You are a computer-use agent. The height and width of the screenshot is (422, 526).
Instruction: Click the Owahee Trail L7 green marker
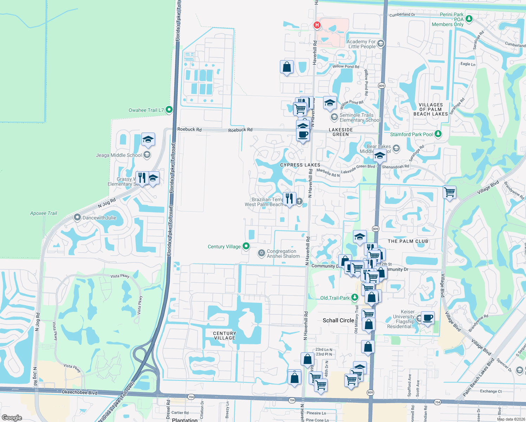(169, 110)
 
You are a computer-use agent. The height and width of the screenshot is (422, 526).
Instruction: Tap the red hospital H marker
(317, 25)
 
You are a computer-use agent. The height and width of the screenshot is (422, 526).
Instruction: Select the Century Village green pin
(246, 246)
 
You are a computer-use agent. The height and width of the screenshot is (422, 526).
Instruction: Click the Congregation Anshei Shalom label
(283, 254)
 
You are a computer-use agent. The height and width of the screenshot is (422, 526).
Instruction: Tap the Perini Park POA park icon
(468, 18)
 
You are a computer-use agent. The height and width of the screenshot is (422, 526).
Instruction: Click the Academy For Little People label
(362, 44)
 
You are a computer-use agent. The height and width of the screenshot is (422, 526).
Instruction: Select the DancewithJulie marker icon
(77, 217)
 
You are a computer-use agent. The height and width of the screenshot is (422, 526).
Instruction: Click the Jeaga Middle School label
(119, 155)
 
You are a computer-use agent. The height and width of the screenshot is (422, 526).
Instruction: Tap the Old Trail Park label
(335, 298)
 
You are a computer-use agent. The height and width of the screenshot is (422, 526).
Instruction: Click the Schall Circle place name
(338, 320)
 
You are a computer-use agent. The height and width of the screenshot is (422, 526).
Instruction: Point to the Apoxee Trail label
(44, 213)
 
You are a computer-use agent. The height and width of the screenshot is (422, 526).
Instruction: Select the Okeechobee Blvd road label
(79, 392)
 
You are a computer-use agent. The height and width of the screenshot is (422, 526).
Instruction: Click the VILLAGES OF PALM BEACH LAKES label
(431, 109)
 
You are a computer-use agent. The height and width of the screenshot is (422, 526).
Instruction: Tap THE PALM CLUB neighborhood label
(408, 241)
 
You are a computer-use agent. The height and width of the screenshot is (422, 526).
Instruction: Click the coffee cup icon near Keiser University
(428, 318)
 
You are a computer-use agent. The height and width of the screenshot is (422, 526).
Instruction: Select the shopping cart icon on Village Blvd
(450, 192)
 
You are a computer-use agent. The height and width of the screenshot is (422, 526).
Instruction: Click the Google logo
(12, 417)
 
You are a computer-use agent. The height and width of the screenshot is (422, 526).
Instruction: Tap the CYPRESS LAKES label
(300, 165)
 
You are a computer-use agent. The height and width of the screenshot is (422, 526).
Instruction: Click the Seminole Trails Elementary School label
(360, 117)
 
